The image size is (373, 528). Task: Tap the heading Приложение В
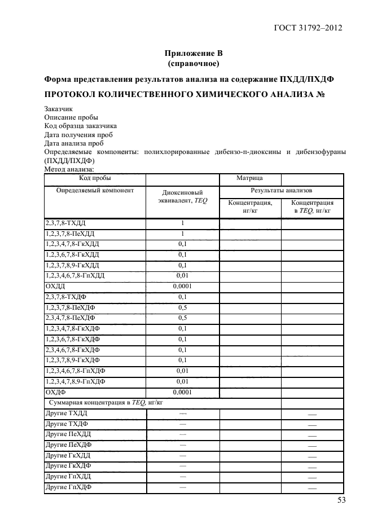coord(194,54)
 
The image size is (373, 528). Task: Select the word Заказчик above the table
coord(58,109)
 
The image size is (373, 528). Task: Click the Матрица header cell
coord(249,179)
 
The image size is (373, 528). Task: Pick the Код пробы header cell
coord(95,179)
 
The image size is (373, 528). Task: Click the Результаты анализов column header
coord(281,191)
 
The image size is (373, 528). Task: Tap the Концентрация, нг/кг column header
coord(250,206)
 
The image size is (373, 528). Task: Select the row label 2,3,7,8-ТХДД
coord(65,223)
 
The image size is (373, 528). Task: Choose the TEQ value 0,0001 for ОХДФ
coord(182,392)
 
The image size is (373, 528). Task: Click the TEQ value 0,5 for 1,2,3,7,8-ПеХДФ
coord(182,307)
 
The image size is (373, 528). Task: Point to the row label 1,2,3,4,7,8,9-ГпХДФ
coord(76,381)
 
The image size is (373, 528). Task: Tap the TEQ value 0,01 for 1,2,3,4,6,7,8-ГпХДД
coord(182,275)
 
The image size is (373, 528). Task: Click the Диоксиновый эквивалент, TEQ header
coord(182,196)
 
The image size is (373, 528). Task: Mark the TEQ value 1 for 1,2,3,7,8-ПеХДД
coord(182,234)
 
